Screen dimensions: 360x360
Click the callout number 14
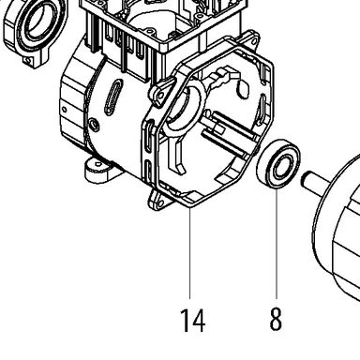192,321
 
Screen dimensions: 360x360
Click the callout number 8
276,319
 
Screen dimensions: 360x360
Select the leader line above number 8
277,244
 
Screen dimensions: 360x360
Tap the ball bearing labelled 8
277,164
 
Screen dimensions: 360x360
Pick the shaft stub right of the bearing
315,180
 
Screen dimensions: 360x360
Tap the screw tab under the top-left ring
29,60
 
